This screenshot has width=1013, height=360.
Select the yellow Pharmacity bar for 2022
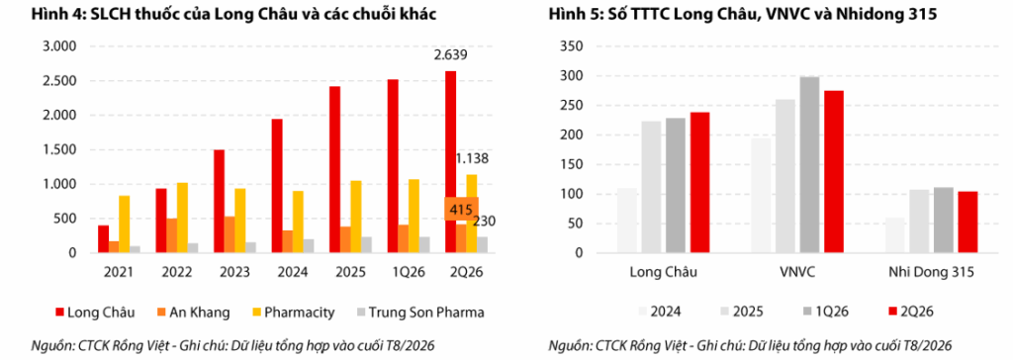pyautogui.click(x=182, y=218)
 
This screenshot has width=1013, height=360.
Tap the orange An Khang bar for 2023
pyautogui.click(x=230, y=234)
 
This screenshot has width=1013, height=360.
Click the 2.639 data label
pyautogui.click(x=450, y=55)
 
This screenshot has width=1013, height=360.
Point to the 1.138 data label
pyautogui.click(x=472, y=158)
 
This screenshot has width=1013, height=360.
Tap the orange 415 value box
pyautogui.click(x=461, y=209)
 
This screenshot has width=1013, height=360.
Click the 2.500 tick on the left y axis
pyautogui.click(x=58, y=81)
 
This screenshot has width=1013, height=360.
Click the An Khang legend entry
pyautogui.click(x=193, y=313)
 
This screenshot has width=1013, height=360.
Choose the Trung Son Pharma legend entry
pyautogui.click(x=419, y=313)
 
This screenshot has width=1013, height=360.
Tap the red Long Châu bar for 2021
pyautogui.click(x=103, y=239)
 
